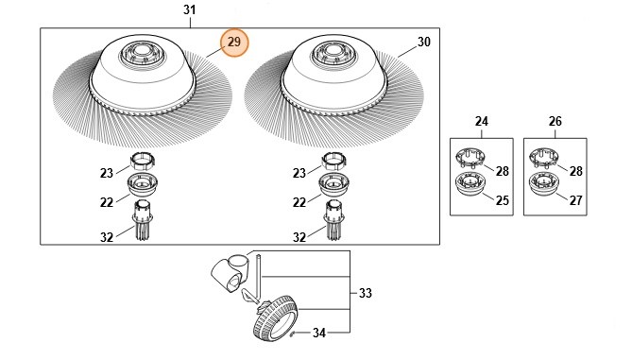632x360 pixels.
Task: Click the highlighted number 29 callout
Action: coord(234,43)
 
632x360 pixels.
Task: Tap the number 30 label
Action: coord(423,42)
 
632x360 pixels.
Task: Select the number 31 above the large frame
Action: coord(190,9)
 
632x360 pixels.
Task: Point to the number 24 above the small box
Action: coord(482,121)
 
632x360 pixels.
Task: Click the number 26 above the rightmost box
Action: coord(555,121)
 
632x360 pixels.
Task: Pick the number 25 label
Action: coord(503,200)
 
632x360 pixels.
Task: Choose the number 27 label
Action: coord(575,200)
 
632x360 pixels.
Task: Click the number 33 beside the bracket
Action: coord(366,293)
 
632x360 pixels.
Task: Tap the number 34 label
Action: coord(318,333)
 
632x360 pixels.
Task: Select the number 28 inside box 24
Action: coord(503,171)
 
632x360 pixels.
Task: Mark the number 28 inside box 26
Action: coord(575,171)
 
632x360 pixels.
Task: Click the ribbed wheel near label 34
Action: coord(275,318)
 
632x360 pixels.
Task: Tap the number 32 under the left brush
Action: coord(107,237)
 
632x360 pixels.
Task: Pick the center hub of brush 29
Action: coord(141,53)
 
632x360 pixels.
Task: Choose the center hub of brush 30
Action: coord(333,53)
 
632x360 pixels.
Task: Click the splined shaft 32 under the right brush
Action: coord(334,220)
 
